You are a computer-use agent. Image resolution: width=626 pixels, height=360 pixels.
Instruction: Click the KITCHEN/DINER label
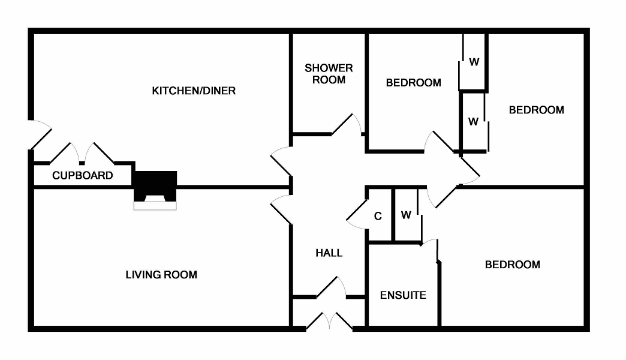point(194,91)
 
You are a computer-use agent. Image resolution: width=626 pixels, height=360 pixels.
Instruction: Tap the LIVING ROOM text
point(161,275)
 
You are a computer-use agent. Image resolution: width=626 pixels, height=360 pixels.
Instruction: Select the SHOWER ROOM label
point(329,74)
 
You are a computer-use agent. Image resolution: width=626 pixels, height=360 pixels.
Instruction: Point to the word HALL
point(329,253)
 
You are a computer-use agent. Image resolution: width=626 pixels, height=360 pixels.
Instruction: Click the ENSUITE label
point(403,295)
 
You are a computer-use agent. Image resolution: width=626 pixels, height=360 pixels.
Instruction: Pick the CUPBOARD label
point(83,176)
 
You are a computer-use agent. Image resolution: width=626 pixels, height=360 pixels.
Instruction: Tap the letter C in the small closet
point(378,217)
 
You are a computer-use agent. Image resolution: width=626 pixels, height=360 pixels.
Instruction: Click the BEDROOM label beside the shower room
point(413,83)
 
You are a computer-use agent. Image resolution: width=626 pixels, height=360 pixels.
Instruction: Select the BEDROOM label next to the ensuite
point(512,265)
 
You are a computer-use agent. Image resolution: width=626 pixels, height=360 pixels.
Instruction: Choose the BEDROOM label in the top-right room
point(536,110)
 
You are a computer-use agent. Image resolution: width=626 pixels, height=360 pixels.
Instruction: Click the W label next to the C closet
point(406,215)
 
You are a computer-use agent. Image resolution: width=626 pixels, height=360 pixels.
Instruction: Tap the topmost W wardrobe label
point(474,61)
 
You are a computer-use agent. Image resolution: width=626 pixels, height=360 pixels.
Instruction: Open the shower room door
point(347,125)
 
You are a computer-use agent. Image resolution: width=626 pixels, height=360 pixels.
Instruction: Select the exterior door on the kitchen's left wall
point(40,134)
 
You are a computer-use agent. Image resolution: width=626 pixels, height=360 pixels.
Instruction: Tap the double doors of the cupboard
point(82,153)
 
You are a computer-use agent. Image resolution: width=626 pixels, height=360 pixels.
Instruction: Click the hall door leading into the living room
point(281,210)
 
